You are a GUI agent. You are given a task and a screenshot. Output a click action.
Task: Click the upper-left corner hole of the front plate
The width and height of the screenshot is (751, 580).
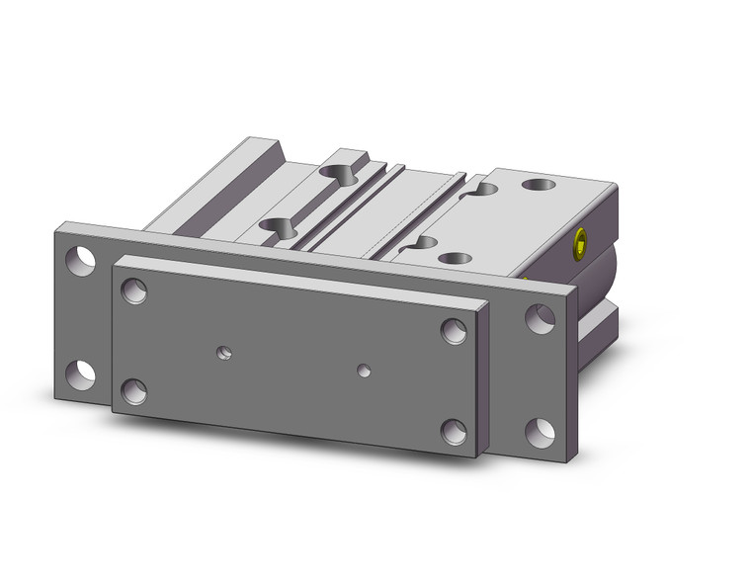133,290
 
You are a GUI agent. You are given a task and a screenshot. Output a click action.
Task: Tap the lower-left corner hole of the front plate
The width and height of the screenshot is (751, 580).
132,392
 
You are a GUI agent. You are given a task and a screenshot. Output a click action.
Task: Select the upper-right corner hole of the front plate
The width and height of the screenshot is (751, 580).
454,331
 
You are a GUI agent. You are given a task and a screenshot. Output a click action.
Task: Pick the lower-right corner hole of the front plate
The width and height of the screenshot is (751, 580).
453,432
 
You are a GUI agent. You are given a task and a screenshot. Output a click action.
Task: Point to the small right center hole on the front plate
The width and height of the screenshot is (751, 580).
365,371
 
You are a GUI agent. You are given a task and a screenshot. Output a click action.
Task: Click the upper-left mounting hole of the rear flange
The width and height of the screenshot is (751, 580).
80,260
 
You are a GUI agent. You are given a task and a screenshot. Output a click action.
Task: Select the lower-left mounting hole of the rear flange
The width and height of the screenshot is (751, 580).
80,373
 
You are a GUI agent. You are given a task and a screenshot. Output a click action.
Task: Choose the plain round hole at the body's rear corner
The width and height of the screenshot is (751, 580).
540,185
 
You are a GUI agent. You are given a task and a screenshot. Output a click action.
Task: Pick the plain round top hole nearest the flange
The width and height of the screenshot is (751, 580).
455,259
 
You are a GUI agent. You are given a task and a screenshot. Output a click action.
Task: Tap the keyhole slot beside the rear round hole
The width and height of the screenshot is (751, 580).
483,188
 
